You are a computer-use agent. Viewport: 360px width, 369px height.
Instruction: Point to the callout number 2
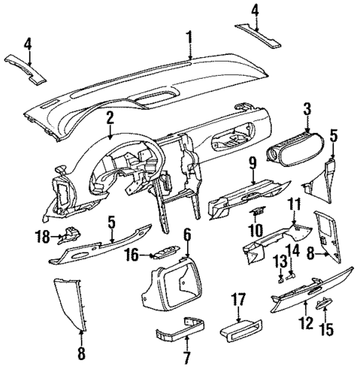coord(110,117)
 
